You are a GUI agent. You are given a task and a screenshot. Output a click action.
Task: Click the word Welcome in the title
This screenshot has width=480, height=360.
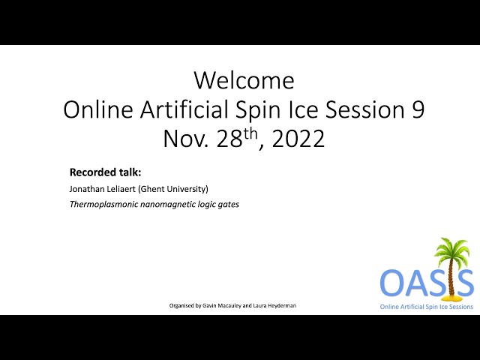pyautogui.click(x=244, y=80)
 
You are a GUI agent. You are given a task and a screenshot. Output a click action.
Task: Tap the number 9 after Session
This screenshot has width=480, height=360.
pyautogui.click(x=417, y=109)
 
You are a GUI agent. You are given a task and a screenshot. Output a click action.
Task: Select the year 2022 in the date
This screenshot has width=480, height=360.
pyautogui.click(x=298, y=139)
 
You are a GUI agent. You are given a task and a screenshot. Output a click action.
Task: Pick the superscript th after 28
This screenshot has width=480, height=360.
pyautogui.click(x=250, y=134)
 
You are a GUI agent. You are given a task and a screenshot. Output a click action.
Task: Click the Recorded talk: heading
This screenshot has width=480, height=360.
pyautogui.click(x=105, y=172)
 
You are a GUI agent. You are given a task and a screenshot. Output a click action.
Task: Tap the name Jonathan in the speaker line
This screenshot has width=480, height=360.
pyautogui.click(x=87, y=189)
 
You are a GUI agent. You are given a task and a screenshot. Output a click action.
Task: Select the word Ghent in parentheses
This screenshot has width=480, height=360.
pyautogui.click(x=149, y=189)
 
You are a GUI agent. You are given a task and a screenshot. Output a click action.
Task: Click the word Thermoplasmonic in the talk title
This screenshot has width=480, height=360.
pyautogui.click(x=103, y=204)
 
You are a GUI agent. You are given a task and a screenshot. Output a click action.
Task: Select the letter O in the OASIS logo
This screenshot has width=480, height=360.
pyautogui.click(x=392, y=282)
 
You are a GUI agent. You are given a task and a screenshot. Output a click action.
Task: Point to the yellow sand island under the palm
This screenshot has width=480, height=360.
pyautogui.click(x=451, y=297)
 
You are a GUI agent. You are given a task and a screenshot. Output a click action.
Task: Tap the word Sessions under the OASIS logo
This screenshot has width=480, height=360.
pyautogui.click(x=460, y=307)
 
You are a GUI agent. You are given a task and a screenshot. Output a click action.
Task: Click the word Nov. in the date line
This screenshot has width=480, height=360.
pyautogui.click(x=186, y=139)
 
